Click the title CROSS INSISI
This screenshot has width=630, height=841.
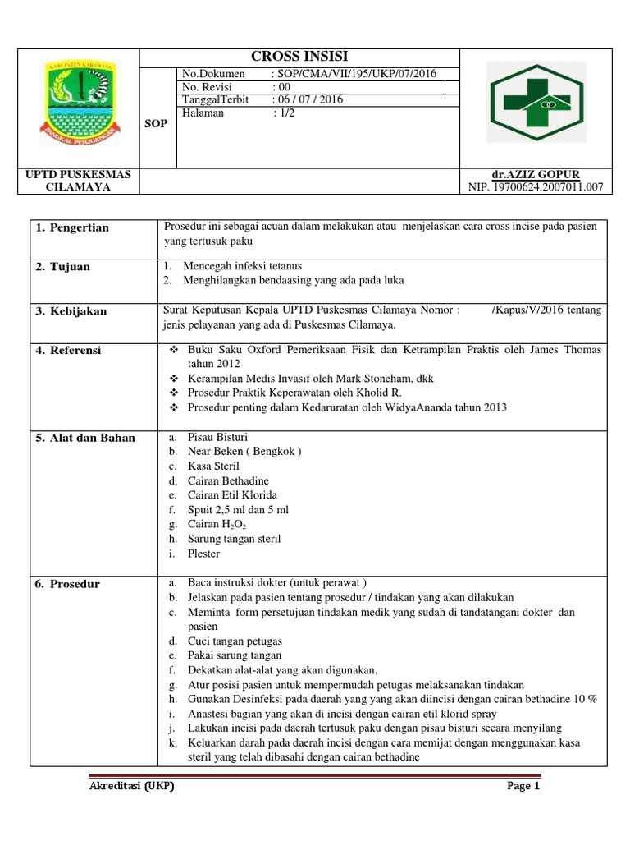pyautogui.click(x=299, y=57)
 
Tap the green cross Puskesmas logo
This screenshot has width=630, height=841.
pyautogui.click(x=535, y=103)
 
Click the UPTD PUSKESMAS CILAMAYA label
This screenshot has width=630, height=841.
pyautogui.click(x=78, y=181)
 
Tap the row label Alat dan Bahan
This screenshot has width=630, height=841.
pyautogui.click(x=84, y=438)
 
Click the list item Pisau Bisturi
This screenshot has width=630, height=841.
pyautogui.click(x=217, y=437)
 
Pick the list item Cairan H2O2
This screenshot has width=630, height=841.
pyautogui.click(x=217, y=524)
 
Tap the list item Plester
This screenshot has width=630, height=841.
pyautogui.click(x=203, y=554)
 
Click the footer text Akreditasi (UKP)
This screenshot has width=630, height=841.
pyautogui.click(x=131, y=786)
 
